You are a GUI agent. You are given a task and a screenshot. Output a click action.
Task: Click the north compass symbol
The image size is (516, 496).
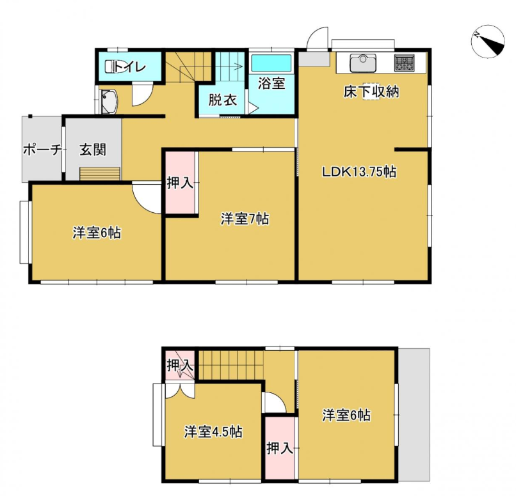coord(487,42)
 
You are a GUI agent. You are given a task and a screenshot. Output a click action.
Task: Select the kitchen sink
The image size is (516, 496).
coord(363,63)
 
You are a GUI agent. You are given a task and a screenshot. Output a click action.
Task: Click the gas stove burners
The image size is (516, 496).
coord(405,63)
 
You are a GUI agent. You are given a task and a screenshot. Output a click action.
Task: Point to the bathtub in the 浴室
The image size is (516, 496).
coord(271,63)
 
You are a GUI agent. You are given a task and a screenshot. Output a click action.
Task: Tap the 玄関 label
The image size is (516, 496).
coord(93,150)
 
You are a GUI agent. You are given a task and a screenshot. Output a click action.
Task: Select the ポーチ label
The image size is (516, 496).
coord(42,150)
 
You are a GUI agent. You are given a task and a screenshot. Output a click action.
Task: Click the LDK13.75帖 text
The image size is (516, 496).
coord(359,172)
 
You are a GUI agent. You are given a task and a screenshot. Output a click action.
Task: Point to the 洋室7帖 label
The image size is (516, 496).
coord(245,219)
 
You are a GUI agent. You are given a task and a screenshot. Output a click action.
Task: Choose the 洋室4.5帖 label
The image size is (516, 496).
coord(213,432)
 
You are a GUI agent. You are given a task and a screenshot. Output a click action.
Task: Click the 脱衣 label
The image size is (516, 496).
coord(223,100)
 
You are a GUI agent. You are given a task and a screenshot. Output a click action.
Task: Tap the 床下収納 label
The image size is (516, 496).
coord(371,91)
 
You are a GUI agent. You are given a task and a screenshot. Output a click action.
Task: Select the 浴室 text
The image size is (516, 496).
coord(271,83)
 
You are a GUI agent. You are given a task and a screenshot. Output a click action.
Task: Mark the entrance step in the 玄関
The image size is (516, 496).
coord(100,174)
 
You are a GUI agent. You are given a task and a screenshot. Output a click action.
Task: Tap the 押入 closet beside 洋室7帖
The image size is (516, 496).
coord(180,183)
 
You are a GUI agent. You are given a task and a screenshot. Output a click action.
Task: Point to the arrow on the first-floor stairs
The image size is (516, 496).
coord(231,66)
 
